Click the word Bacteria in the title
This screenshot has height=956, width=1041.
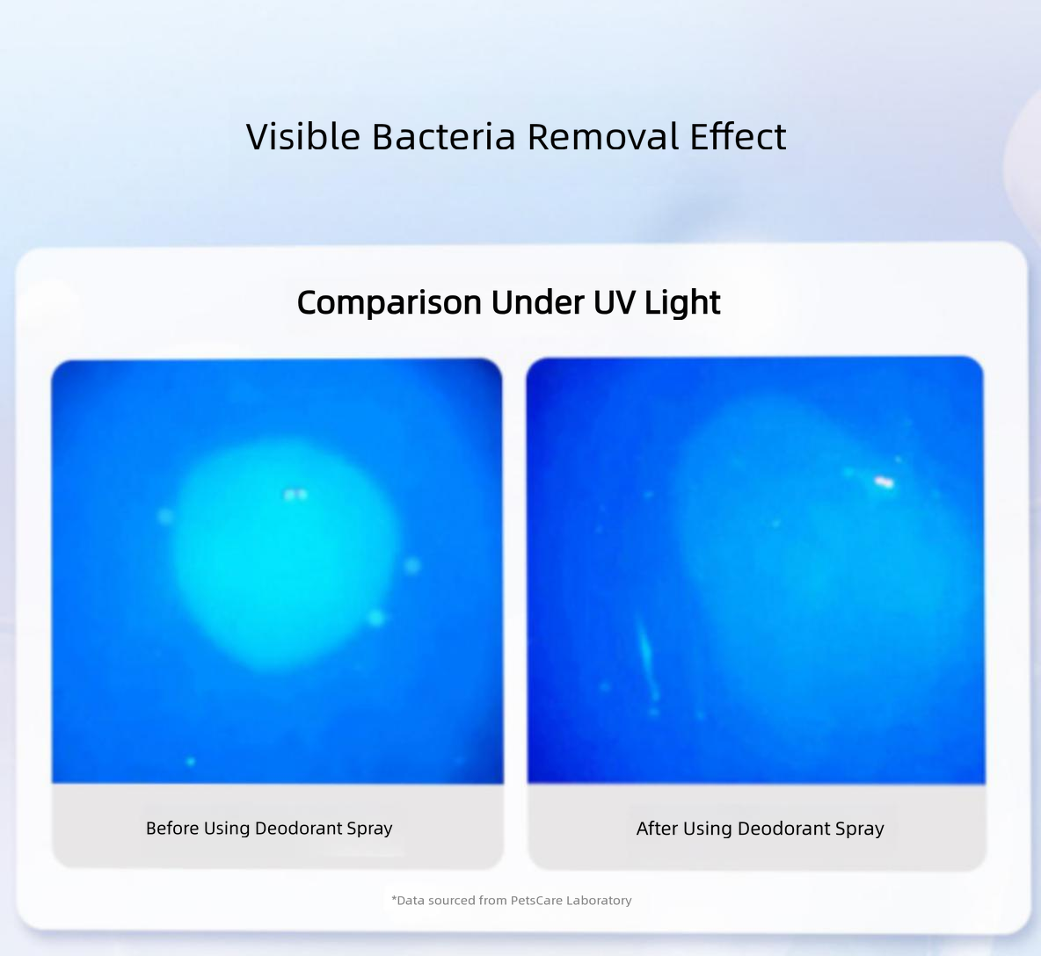443,136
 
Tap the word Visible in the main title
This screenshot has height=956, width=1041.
302,136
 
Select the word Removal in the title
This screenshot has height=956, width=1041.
603,136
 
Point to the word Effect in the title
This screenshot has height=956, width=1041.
739,136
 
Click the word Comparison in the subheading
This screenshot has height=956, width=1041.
389,303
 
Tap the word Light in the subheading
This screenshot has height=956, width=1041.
682,303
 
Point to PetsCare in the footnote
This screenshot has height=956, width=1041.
536,901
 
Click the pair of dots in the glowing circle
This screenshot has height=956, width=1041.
296,494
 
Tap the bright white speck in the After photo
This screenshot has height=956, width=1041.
884,482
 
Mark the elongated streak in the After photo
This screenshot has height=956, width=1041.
645,656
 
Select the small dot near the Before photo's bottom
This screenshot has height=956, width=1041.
191,761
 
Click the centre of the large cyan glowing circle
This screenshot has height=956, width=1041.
286,556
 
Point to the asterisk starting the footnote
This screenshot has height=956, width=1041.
394,898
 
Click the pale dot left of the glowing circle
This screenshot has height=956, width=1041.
165,516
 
